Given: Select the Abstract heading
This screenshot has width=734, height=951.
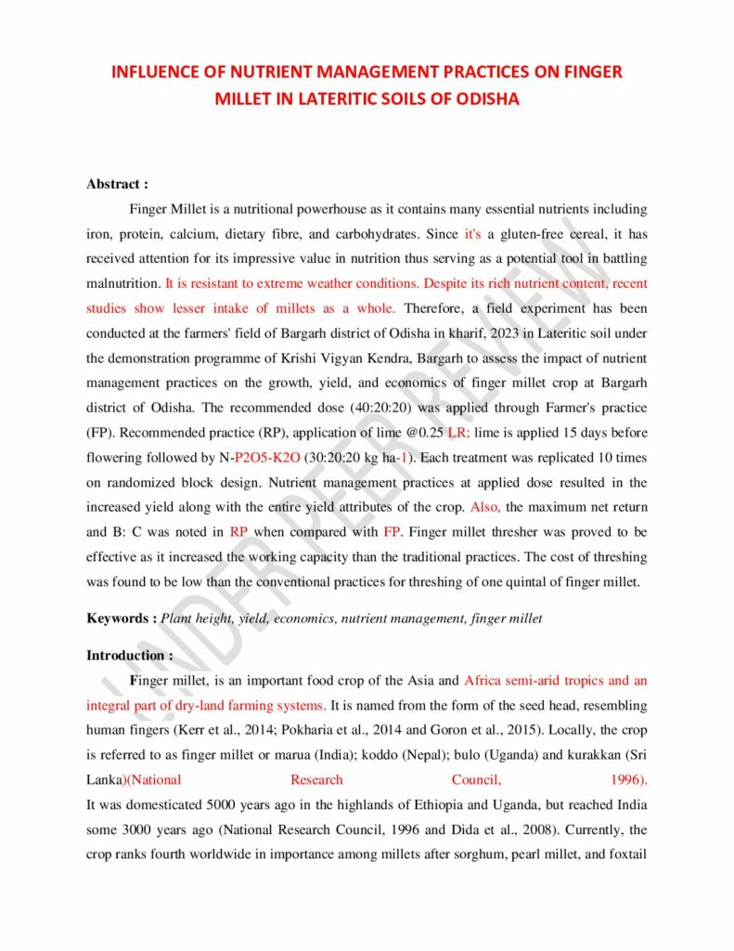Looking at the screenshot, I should coord(117,184).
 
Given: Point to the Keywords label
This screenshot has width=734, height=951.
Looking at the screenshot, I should coord(122,618).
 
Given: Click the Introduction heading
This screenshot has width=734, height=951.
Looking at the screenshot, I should coord(129,655).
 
